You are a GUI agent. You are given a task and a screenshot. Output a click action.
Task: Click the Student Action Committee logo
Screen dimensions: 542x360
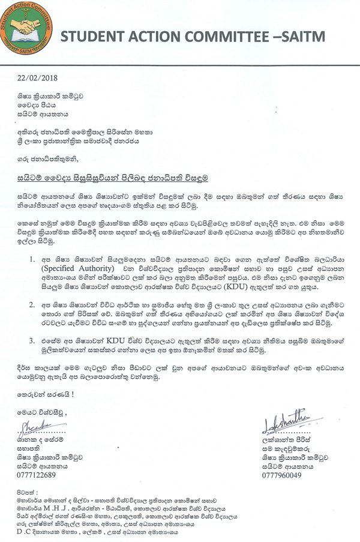pos(26,28)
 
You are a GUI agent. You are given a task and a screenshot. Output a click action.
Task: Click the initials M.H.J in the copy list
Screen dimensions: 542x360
pos(68,502)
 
